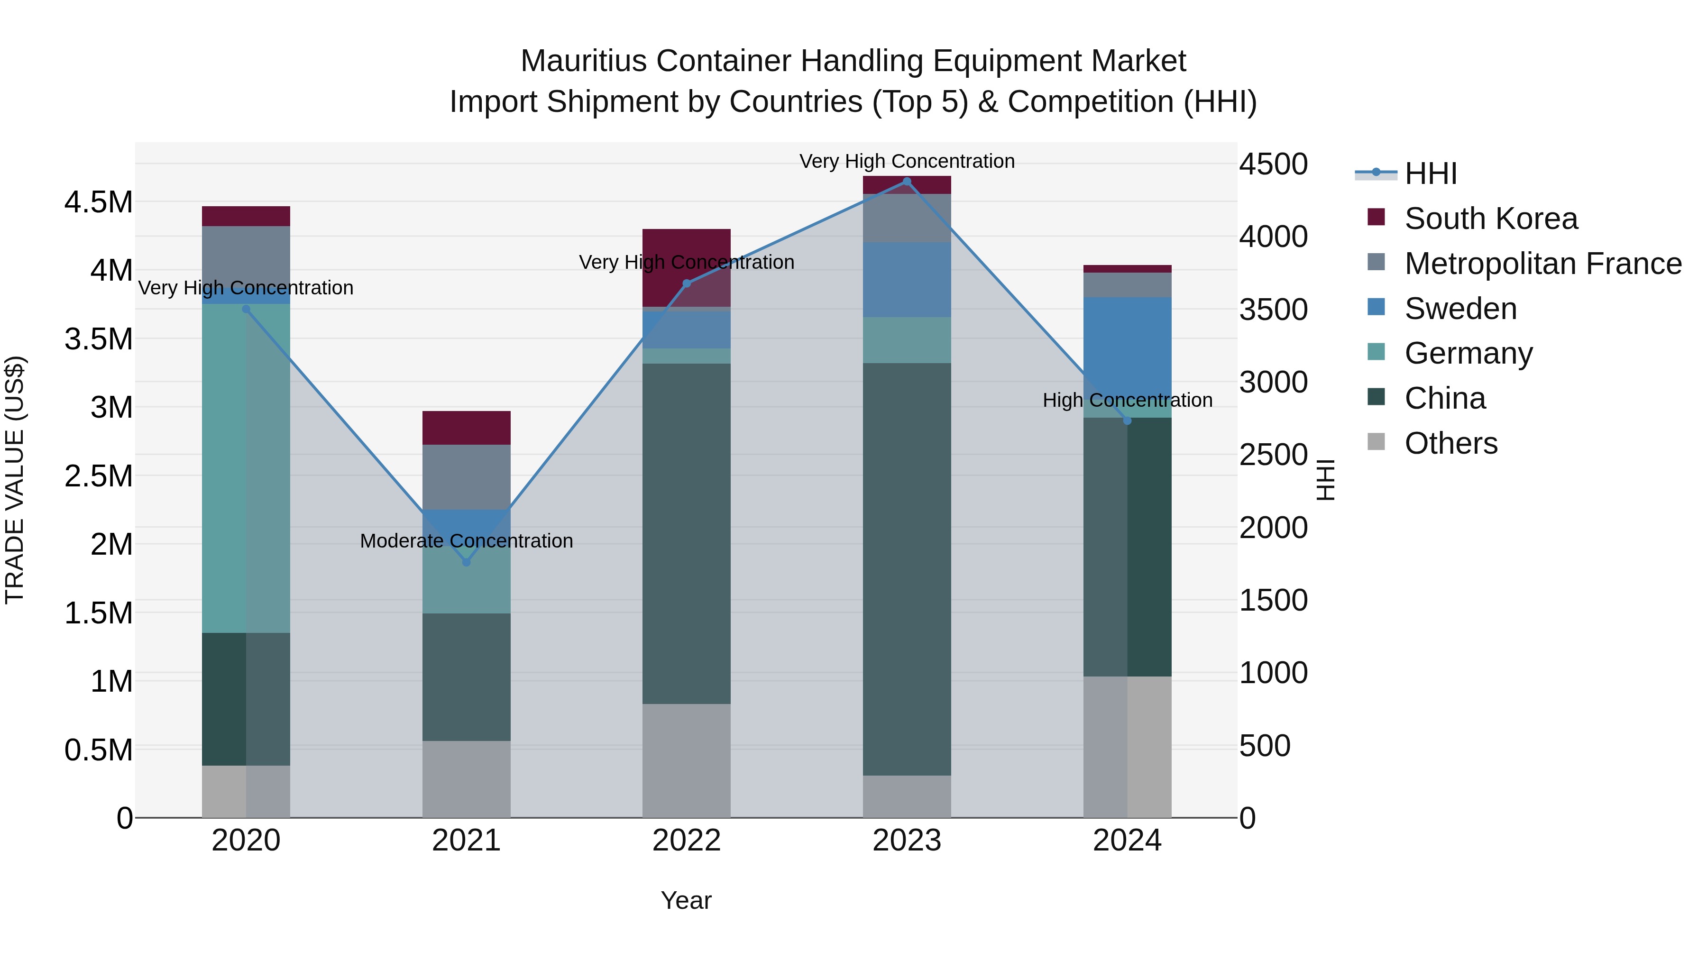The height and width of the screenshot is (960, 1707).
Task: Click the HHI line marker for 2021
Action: [x=467, y=562]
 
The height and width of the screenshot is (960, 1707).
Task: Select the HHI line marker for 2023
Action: [x=907, y=182]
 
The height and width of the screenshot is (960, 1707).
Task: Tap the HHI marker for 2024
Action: [x=1127, y=421]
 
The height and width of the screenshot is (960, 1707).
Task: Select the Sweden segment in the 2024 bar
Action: [x=1127, y=345]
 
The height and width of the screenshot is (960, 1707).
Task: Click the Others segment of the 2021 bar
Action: [x=467, y=778]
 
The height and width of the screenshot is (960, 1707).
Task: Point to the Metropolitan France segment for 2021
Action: [x=467, y=476]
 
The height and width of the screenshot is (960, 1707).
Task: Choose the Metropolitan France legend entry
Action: [x=1542, y=264]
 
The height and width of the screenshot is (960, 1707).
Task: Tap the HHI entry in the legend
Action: [x=1430, y=174]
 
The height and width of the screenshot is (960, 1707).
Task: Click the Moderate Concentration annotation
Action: [x=467, y=541]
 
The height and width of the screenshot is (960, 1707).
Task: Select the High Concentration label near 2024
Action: [x=1127, y=400]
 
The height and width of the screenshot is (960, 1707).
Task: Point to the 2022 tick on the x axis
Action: [x=687, y=841]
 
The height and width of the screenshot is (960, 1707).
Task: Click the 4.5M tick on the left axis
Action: [x=99, y=202]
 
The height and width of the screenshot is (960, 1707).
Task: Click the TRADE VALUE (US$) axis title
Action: [x=15, y=480]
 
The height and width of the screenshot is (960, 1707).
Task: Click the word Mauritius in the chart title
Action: [x=583, y=62]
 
